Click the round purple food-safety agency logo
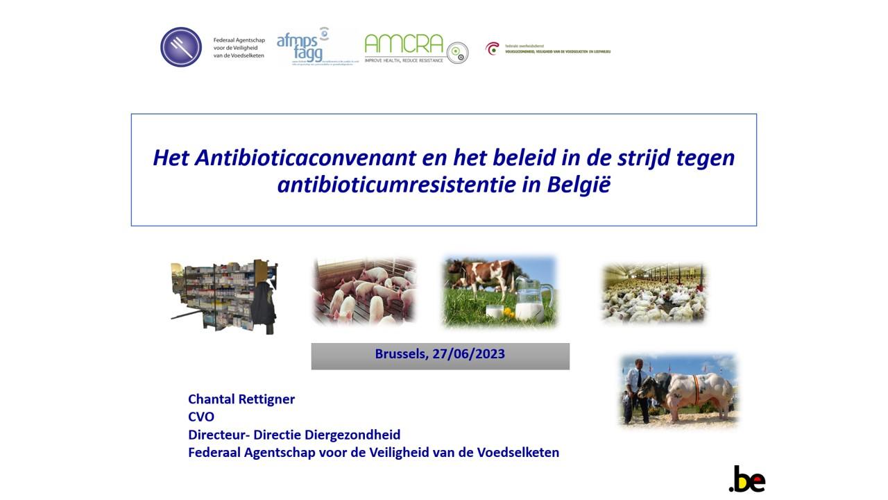[x=181, y=47]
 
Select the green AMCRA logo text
[x=404, y=44]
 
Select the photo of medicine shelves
[x=224, y=296]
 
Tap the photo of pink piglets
[x=364, y=291]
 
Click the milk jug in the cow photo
[x=531, y=299]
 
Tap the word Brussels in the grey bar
[x=400, y=354]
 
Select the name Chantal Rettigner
[x=241, y=399]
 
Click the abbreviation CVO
[x=201, y=417]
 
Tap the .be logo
[x=747, y=479]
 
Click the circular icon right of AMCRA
[x=457, y=53]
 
